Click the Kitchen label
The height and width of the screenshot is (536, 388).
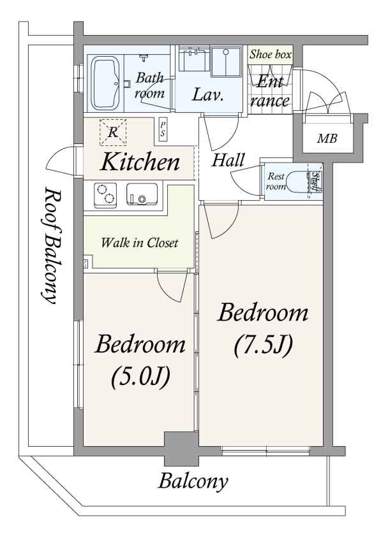point(140,162)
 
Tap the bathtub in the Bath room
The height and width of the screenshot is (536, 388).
point(106,83)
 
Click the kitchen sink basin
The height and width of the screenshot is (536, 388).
point(142,194)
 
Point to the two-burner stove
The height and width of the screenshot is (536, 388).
point(105,195)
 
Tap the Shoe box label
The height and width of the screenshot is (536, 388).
point(271,54)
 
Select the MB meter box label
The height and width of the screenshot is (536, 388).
point(327,138)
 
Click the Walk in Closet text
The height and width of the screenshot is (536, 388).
point(140,243)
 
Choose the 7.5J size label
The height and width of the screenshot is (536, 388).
point(264,345)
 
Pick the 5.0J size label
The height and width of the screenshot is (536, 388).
point(140,376)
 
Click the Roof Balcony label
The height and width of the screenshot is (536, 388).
point(50,245)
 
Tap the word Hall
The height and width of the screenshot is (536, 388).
point(228,160)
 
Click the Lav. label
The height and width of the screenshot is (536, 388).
point(207,95)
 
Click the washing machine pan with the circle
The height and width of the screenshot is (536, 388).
point(226,62)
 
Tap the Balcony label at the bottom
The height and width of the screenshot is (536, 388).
point(193,482)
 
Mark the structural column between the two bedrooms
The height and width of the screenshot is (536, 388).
point(181,449)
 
